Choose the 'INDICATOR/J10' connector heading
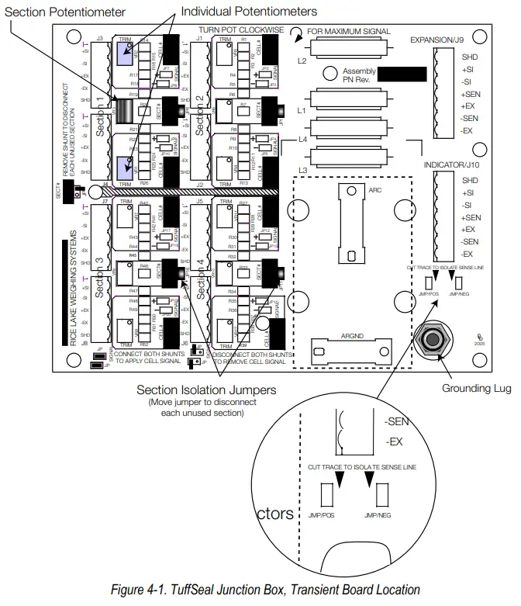(454, 164)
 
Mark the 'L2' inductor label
(302, 60)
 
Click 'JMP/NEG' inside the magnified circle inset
(380, 514)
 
